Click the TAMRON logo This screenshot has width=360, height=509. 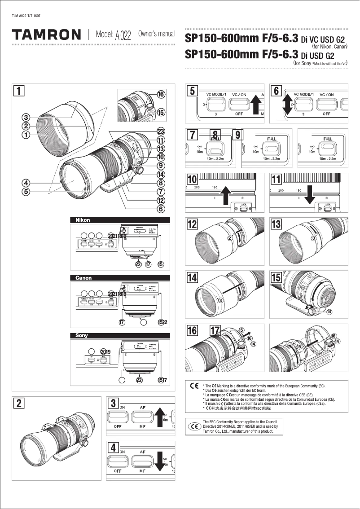(47, 35)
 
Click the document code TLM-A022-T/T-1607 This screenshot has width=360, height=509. (28, 16)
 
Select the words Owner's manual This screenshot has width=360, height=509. (156, 34)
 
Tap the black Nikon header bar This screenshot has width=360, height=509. (120, 220)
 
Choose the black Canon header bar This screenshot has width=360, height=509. (120, 278)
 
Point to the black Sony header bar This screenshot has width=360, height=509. (120, 335)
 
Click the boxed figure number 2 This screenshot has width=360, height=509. (18, 403)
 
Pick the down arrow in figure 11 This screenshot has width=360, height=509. (310, 194)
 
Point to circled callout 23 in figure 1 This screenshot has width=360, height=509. (161, 131)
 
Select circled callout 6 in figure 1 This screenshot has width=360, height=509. (161, 208)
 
